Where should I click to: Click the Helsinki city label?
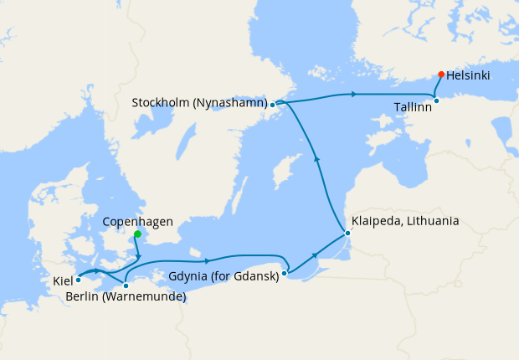point(468,75)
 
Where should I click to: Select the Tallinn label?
point(414,107)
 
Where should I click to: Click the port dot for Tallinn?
point(436,101)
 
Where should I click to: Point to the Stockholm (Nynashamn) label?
point(199,104)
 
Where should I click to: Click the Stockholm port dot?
point(273,105)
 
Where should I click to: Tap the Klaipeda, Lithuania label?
point(406,221)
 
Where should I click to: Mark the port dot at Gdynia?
point(285,273)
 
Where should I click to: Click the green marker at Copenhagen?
point(137,234)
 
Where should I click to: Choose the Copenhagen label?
point(137,222)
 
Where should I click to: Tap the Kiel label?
point(63,280)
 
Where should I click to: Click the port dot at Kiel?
point(78,280)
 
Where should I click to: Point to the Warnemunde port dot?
point(126,285)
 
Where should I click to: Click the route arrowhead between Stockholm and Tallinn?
point(355,94)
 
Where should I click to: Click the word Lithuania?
point(430,221)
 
